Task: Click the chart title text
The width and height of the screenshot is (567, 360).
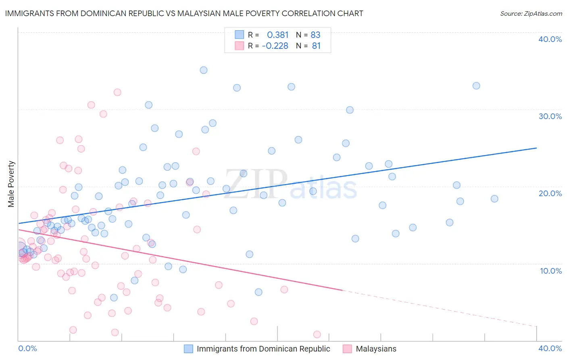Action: click(x=184, y=13)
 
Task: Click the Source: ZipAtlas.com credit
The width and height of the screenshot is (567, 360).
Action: click(x=531, y=13)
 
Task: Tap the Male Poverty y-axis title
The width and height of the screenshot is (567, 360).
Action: click(x=11, y=184)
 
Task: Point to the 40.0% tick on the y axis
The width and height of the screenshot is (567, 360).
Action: click(x=550, y=39)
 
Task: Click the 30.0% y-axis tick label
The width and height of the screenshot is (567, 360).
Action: click(x=550, y=116)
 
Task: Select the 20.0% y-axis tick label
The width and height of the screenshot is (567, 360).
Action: click(x=550, y=193)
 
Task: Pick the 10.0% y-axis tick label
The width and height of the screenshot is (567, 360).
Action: click(x=550, y=271)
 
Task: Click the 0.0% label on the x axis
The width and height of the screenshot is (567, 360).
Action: click(x=27, y=348)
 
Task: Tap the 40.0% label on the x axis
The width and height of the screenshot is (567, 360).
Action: click(x=550, y=348)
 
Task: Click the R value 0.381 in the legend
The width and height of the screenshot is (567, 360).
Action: click(x=277, y=35)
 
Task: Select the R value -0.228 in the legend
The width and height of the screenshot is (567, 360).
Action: click(x=275, y=46)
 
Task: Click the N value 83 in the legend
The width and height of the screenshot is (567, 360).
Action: click(x=315, y=35)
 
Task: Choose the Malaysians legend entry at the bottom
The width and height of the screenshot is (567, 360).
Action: click(x=375, y=349)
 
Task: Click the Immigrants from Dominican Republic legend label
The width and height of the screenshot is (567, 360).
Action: click(x=263, y=349)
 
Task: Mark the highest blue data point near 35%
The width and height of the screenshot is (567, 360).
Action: click(x=204, y=70)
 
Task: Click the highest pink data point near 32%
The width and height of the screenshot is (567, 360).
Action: click(x=117, y=92)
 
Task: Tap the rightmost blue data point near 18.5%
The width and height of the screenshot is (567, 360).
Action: click(x=494, y=199)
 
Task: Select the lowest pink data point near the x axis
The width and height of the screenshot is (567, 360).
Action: click(x=317, y=334)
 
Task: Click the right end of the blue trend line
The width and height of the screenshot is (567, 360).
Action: click(x=536, y=148)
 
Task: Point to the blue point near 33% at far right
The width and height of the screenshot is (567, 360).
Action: click(x=476, y=86)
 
